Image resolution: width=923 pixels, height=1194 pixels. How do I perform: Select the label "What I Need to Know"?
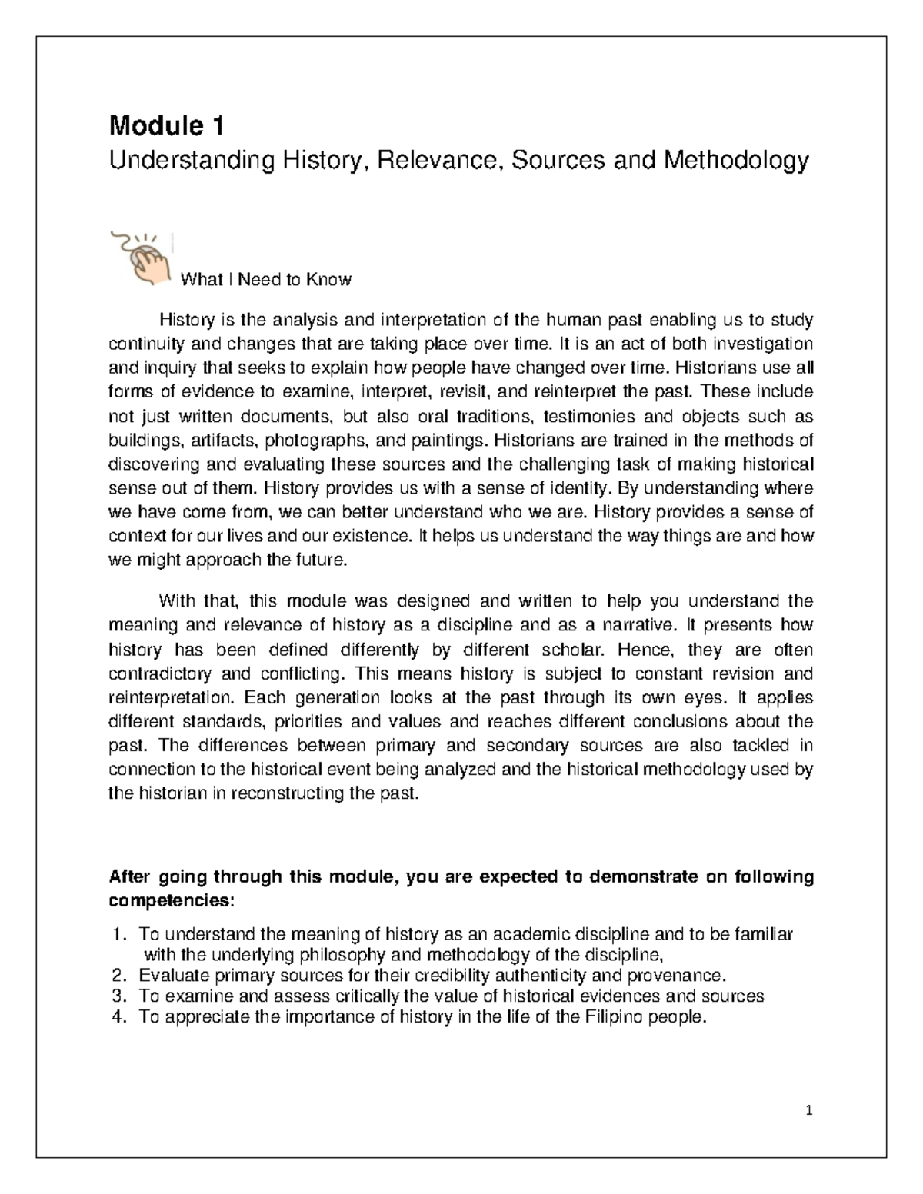(x=265, y=280)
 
